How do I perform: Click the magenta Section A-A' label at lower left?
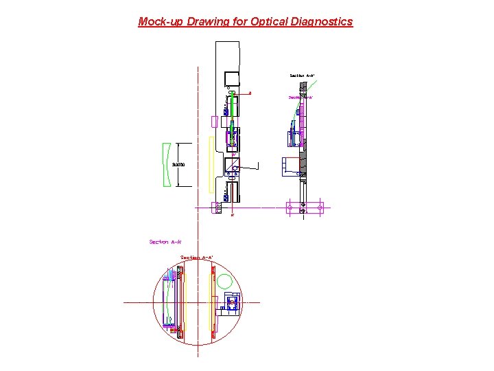point(165,242)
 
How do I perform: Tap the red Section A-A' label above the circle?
point(197,258)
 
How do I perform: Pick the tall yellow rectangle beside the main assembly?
point(211,164)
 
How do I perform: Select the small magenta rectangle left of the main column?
point(214,122)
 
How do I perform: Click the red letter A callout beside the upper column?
point(250,92)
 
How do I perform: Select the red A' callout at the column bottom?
point(232,215)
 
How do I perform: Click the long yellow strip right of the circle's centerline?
point(212,302)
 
